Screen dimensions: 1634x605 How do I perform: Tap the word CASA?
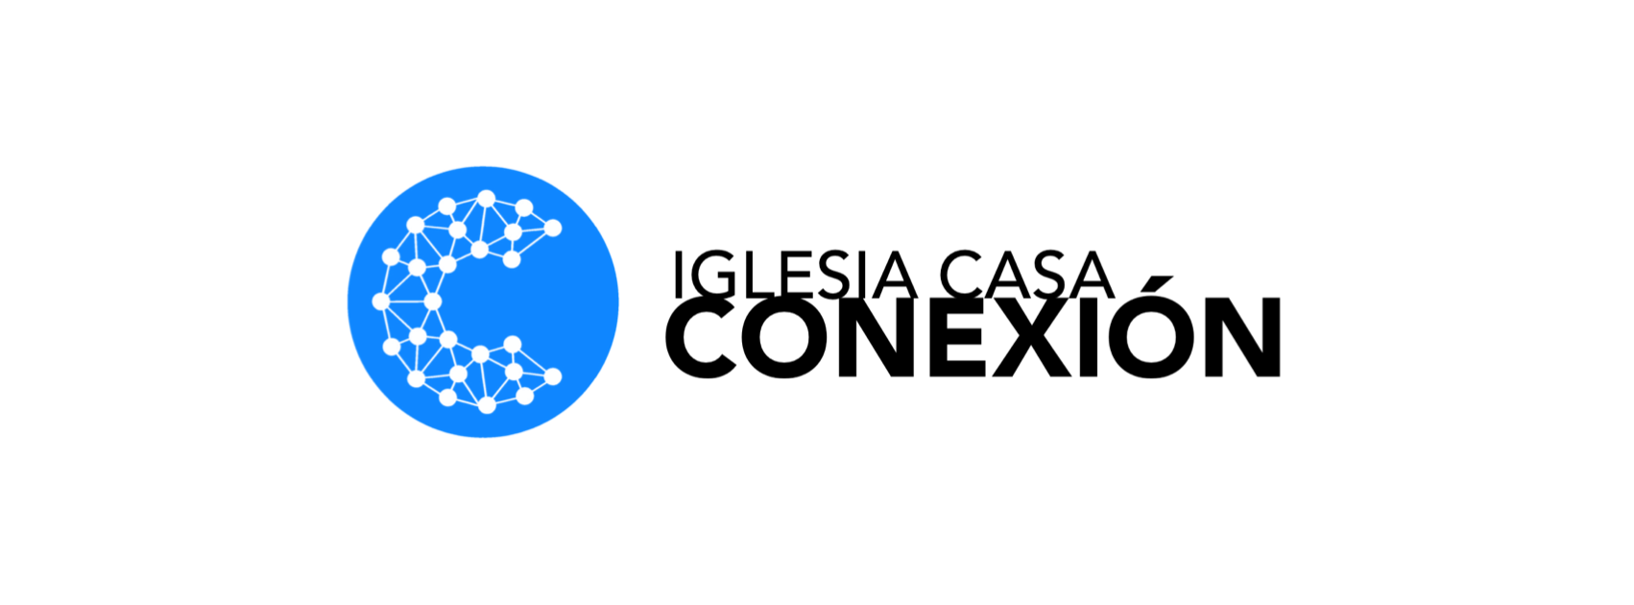tap(1027, 275)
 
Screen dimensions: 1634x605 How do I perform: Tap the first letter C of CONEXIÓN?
tap(701, 337)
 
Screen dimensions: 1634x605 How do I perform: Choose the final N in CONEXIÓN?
tap(1243, 336)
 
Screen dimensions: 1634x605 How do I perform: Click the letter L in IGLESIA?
tap(767, 276)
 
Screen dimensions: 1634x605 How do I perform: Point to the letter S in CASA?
tap(1045, 276)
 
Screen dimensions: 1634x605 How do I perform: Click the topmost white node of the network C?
tap(486, 199)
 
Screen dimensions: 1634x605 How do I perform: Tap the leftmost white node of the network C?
tap(381, 301)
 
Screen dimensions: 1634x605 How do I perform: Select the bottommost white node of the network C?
tap(487, 405)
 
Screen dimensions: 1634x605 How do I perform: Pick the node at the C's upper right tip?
tap(553, 229)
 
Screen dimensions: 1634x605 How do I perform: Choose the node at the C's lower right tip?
tap(553, 376)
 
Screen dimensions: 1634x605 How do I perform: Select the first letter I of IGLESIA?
tap(679, 276)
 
